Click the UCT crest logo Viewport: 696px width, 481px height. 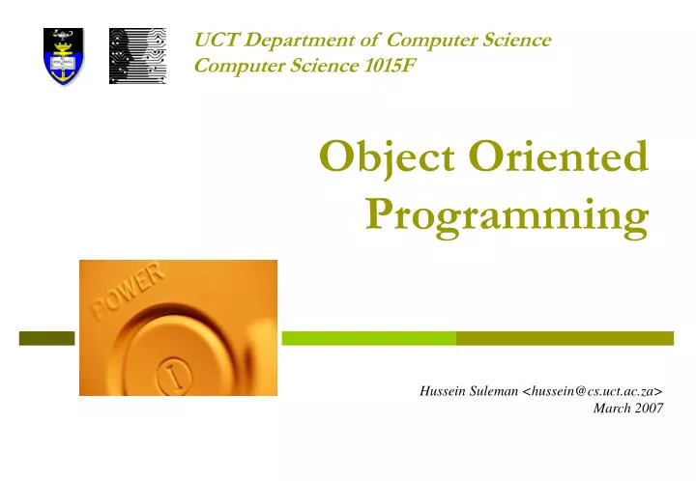click(x=62, y=55)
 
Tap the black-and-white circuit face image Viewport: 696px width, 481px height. click(x=136, y=55)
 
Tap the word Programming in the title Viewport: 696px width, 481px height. click(x=507, y=215)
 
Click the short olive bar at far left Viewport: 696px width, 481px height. click(x=46, y=338)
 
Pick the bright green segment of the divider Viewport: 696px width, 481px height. click(x=367, y=338)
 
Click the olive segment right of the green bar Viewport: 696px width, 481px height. click(x=565, y=338)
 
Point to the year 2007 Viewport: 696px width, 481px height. click(x=650, y=408)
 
